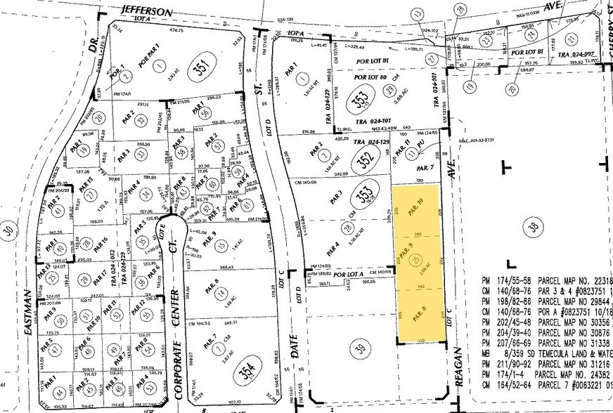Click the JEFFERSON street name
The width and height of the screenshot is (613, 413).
click(x=146, y=12)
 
